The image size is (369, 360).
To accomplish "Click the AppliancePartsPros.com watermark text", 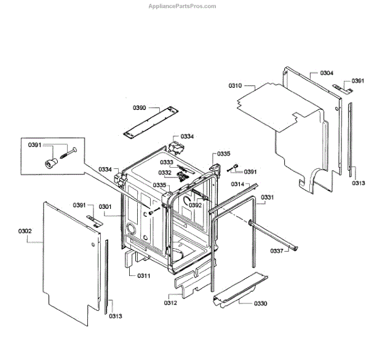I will (x=183, y=6).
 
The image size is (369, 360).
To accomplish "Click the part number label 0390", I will (x=139, y=108).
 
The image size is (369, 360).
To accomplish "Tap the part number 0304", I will (x=327, y=73).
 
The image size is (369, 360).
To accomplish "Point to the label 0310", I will (x=235, y=86).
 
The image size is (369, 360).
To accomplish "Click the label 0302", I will (x=25, y=231).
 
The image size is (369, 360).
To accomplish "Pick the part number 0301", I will (x=105, y=206).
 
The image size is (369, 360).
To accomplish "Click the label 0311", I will (x=143, y=276).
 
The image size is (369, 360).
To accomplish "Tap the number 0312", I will (x=170, y=302).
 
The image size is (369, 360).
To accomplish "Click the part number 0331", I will (x=268, y=197).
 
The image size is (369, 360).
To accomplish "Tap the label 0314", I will (x=237, y=184).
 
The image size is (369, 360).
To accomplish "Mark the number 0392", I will (x=196, y=205).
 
